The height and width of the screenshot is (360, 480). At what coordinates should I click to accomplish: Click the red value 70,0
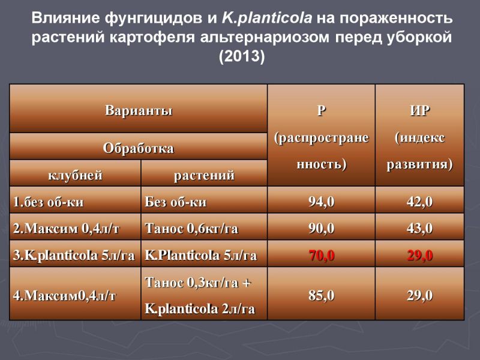[x=322, y=255]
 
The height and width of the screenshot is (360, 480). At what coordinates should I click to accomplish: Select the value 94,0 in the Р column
[x=322, y=202]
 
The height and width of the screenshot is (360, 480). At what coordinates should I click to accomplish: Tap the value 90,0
[x=322, y=229]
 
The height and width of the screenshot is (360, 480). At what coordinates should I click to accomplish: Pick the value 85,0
[x=322, y=295]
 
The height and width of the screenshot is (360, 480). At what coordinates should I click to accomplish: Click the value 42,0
[x=419, y=202]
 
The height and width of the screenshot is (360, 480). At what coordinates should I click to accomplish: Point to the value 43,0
[x=419, y=229]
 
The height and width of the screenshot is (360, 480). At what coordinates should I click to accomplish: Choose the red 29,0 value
[x=419, y=255]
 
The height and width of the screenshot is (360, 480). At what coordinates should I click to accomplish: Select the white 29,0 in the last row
[x=419, y=295]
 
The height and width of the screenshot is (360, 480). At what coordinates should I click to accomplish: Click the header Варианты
[x=139, y=110]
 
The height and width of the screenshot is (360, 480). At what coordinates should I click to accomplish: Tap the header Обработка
[x=139, y=148]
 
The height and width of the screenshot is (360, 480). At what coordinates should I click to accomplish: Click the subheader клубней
[x=76, y=175]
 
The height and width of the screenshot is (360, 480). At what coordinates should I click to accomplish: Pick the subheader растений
[x=204, y=176]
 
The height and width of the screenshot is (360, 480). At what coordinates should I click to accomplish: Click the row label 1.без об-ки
[x=48, y=202]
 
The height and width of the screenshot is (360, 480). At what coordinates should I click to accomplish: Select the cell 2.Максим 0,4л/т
[x=66, y=229]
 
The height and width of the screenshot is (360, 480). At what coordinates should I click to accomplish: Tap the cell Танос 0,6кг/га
[x=191, y=229]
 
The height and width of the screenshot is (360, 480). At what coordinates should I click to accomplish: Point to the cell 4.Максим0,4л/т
[x=64, y=296]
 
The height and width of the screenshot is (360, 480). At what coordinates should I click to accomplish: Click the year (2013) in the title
[x=242, y=56]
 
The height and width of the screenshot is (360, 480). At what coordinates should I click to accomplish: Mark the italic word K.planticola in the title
[x=267, y=18]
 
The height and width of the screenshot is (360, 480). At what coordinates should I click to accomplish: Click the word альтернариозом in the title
[x=265, y=37]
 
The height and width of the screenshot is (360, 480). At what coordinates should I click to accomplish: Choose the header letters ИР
[x=419, y=110]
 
